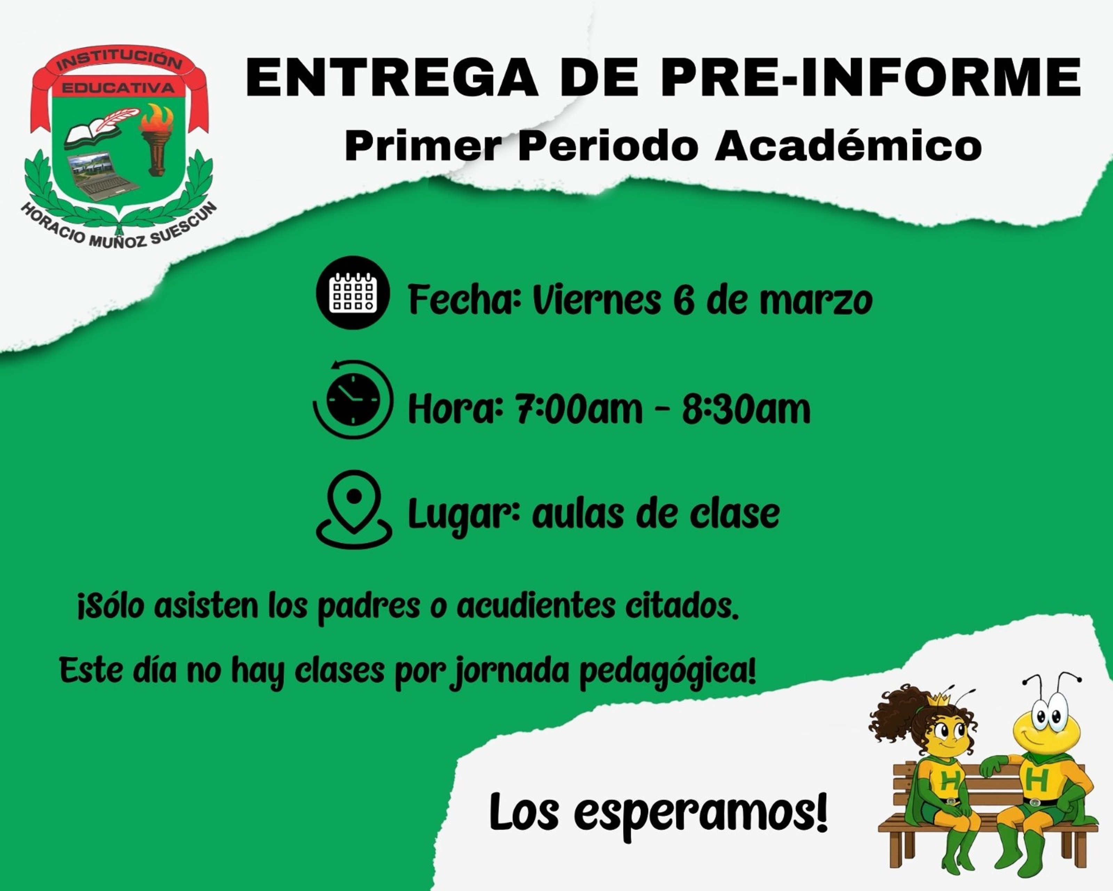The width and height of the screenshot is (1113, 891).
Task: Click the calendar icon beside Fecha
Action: click(353, 293)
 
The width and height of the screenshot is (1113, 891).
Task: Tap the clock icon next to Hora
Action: click(353, 399)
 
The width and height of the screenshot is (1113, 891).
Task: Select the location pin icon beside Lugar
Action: click(354, 509)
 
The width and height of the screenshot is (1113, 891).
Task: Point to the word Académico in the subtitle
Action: click(848, 146)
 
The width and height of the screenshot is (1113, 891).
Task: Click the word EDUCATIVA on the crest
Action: click(118, 88)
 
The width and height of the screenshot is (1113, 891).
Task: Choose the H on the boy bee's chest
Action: click(1036, 779)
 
